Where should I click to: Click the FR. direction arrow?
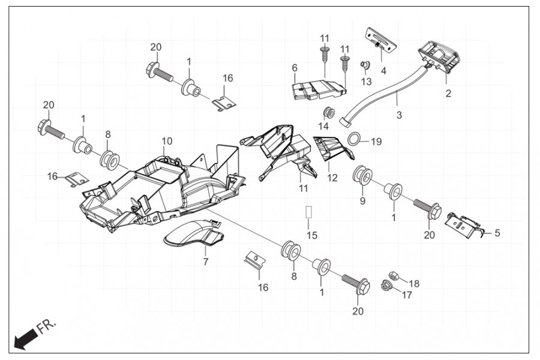click(24, 340)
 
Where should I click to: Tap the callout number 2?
click(448, 94)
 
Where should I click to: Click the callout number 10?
click(166, 140)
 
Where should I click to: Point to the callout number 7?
click(205, 262)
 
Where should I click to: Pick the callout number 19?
click(376, 142)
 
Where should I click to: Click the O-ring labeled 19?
click(355, 140)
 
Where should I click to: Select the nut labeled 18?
click(394, 275)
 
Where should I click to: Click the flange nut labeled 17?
click(385, 286)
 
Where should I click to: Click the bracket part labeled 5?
click(465, 226)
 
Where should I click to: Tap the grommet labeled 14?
click(328, 112)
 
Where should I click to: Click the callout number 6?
click(295, 68)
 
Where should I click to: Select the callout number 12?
click(332, 178)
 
